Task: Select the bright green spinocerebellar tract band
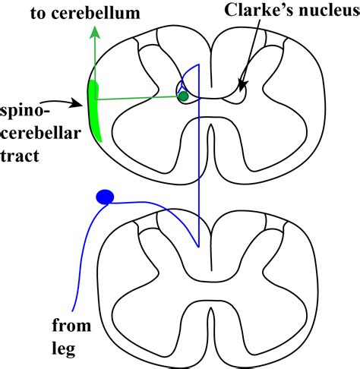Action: pyautogui.click(x=96, y=111)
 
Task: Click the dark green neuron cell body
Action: pyautogui.click(x=182, y=96)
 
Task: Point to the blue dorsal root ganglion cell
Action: pyautogui.click(x=105, y=197)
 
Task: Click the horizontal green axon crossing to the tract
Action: pyautogui.click(x=137, y=98)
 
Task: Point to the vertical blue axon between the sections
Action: pyautogui.click(x=198, y=167)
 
